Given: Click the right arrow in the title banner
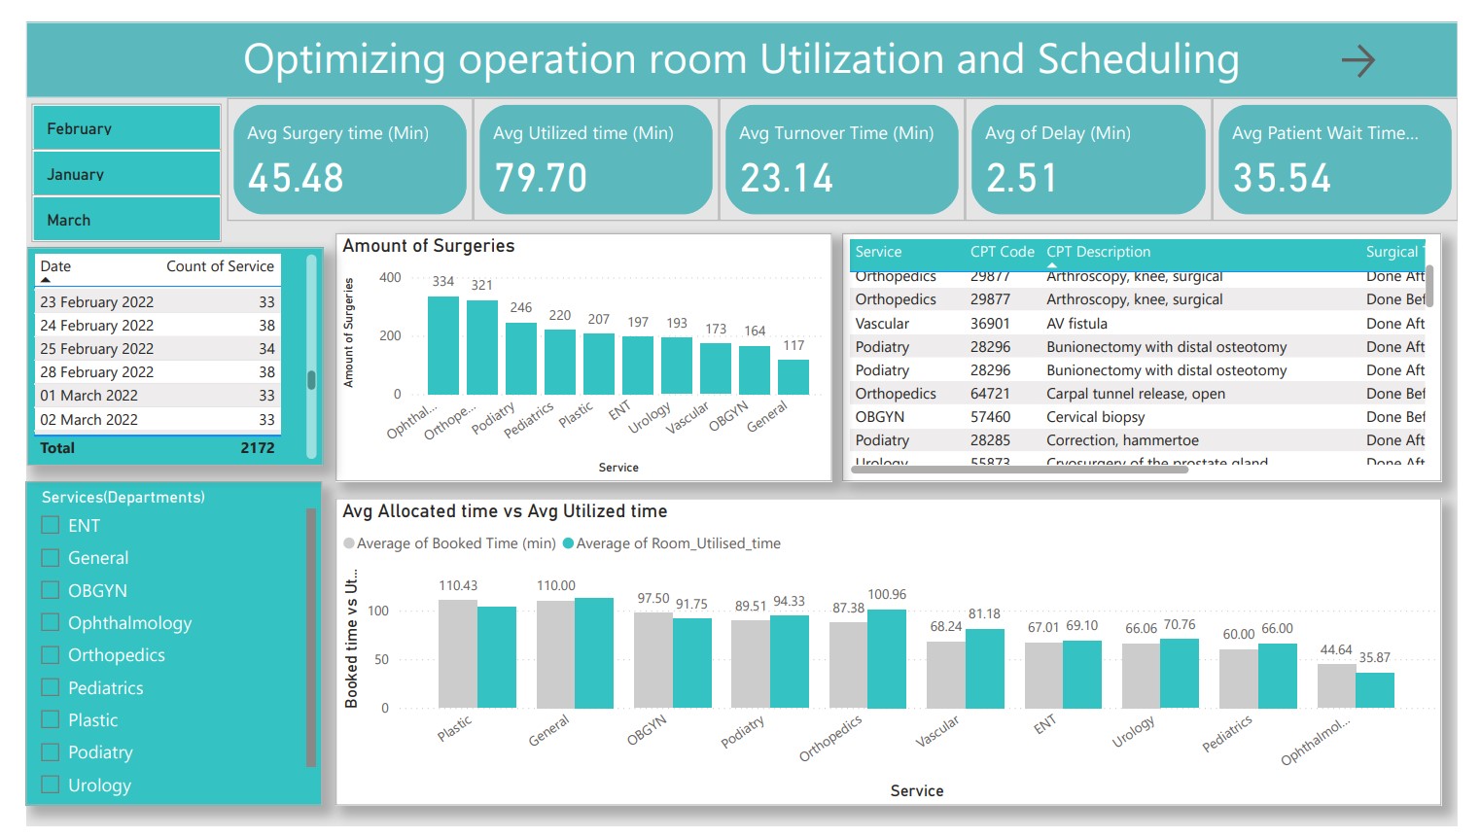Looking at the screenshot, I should point(1358,61).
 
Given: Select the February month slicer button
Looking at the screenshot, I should point(126,128).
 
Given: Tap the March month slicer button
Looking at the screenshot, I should point(126,220).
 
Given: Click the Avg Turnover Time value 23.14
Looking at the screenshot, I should point(787,178).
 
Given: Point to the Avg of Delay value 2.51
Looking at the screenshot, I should point(1021,178).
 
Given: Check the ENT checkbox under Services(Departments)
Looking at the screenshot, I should point(51,525).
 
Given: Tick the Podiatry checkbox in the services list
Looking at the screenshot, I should point(51,751).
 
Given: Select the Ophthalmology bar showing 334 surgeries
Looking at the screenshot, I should point(443,345).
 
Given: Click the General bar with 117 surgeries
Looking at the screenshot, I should point(793,376).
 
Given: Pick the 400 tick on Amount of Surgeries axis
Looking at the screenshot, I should point(390,278).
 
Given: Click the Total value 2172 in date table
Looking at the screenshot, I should point(257,448).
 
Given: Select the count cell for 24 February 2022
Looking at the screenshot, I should point(266,326).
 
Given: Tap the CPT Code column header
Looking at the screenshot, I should point(1002,252).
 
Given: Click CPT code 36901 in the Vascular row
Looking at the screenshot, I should point(990,324).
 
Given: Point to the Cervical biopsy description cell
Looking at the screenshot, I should point(1095,417).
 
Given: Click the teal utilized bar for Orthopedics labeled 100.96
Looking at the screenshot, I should point(887,658).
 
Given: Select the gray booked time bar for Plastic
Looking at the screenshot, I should point(457,653).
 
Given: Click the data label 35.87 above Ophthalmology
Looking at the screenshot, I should point(1374,657).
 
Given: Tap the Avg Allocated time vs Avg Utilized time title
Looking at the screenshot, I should point(505,511).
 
